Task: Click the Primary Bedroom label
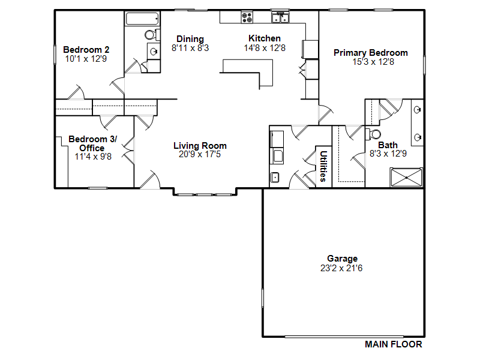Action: point(370,53)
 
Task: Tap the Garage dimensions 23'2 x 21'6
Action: point(341,268)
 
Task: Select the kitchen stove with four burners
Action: point(247,17)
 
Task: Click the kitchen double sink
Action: point(280,17)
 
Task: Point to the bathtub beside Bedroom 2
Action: point(142,19)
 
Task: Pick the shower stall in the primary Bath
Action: point(406,177)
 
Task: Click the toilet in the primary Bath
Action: point(373,134)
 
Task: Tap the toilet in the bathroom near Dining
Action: point(152,35)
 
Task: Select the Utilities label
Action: point(323,166)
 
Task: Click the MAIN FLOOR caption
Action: point(394,344)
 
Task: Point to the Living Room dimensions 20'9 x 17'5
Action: point(200,154)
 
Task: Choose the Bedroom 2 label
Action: point(86,50)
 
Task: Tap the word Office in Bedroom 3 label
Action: point(92,148)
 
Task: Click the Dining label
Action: point(190,39)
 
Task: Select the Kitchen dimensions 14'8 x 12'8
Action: point(265,48)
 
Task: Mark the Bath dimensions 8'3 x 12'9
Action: point(388,154)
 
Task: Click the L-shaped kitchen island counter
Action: point(266,73)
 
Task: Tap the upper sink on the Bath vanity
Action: point(417,110)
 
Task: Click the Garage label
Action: point(342,259)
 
